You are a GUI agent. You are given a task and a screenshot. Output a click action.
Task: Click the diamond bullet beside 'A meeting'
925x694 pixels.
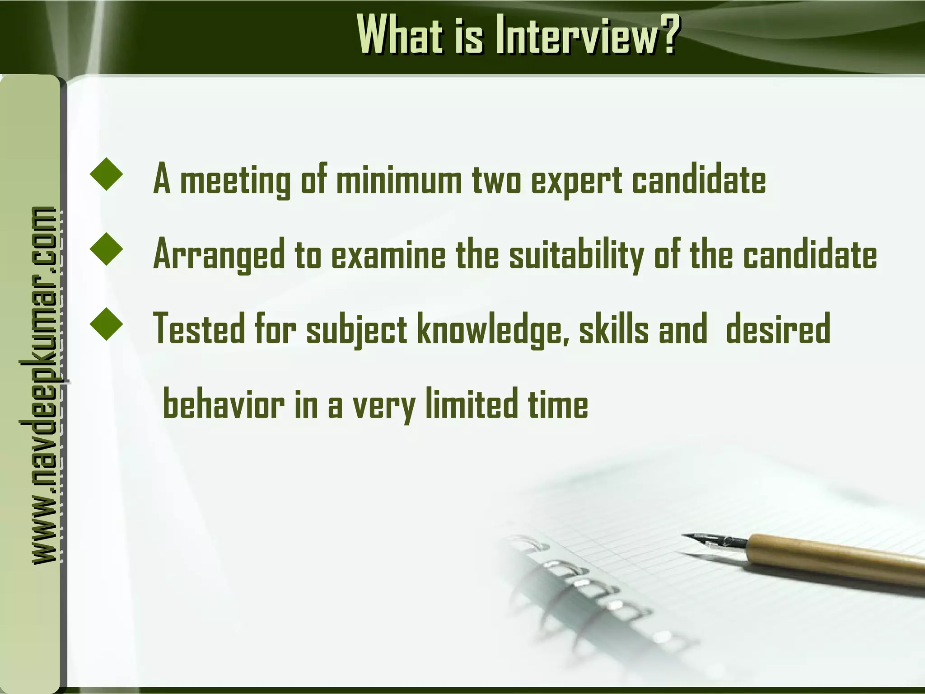coord(107,174)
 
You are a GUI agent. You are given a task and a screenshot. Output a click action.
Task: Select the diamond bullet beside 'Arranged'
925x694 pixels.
coord(107,249)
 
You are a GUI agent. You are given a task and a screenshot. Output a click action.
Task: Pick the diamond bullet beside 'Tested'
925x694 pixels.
coord(107,324)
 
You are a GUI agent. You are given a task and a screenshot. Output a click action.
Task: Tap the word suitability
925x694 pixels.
coord(576,256)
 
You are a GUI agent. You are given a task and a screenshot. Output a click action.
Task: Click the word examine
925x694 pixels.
coord(388,255)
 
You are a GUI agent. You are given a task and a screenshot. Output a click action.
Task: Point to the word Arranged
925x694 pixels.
coord(220,256)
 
